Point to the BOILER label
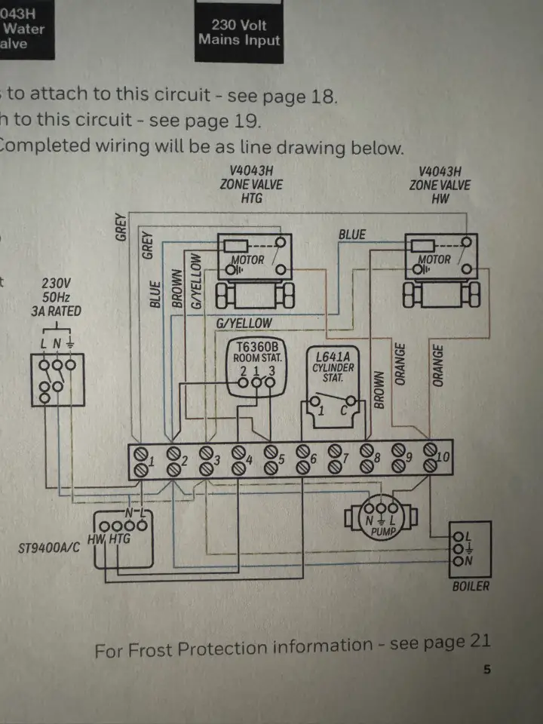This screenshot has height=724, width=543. coord(471,586)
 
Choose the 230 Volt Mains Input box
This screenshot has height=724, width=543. coord(239,32)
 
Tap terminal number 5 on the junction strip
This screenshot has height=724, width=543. coord(281,459)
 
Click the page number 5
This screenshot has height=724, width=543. coord(486,670)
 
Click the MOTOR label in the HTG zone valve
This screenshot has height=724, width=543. coord(248,261)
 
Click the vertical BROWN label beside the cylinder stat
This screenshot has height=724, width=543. coord(379,389)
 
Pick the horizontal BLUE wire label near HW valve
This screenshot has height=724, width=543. coord(352,235)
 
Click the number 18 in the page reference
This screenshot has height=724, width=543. coord(320,98)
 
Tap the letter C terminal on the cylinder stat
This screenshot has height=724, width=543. coord(344,411)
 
